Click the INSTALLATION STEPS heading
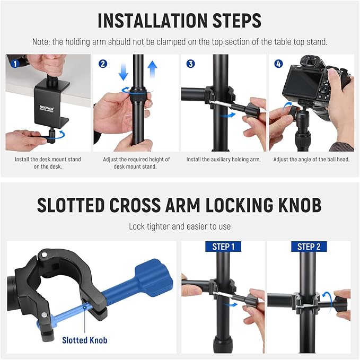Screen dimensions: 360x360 tap(180, 20)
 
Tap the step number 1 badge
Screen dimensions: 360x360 tap(15, 64)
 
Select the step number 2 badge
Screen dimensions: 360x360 tap(103, 64)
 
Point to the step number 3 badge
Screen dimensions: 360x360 tap(190, 64)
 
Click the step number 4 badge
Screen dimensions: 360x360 tap(278, 64)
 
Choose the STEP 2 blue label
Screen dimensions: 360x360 tap(309, 247)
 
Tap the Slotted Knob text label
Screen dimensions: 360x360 tap(84, 340)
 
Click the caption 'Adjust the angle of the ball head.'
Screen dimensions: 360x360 tap(311, 160)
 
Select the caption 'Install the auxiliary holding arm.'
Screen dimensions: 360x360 tap(223, 160)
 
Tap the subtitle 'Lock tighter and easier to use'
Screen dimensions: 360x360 tap(180, 226)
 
